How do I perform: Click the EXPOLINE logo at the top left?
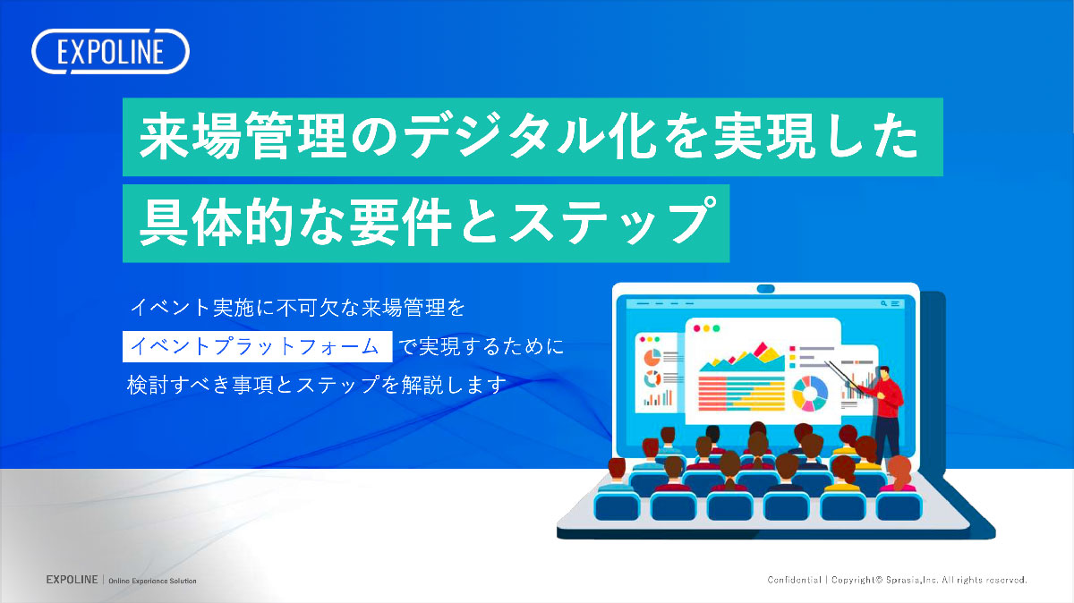(x=110, y=52)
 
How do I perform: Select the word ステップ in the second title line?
(x=609, y=221)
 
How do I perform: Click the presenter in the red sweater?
(x=886, y=407)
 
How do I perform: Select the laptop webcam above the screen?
(x=766, y=288)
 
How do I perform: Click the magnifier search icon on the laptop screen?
(x=884, y=304)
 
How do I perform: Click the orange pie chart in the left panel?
(x=651, y=357)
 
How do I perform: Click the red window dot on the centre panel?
(x=694, y=328)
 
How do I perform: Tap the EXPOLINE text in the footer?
(x=72, y=580)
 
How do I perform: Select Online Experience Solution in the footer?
(x=152, y=581)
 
